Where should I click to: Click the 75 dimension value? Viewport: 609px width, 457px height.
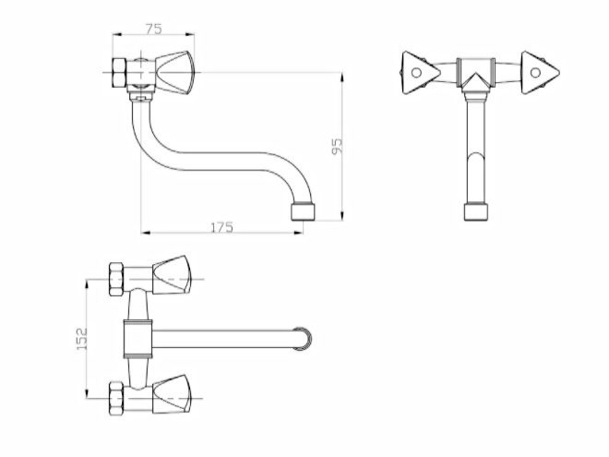pyautogui.click(x=153, y=29)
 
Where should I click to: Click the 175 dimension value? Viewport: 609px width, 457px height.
pyautogui.click(x=221, y=227)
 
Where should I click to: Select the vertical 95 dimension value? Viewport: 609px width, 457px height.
pyautogui.click(x=337, y=146)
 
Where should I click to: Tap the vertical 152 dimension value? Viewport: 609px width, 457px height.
pyautogui.click(x=82, y=339)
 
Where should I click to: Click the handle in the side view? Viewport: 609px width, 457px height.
pyautogui.click(x=174, y=73)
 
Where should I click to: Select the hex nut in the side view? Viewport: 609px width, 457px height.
pyautogui.click(x=119, y=73)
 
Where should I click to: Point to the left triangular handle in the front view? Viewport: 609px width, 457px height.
pyautogui.click(x=420, y=73)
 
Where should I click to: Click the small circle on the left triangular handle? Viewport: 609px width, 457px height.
pyautogui.click(x=416, y=73)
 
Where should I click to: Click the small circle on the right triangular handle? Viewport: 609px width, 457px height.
pyautogui.click(x=535, y=73)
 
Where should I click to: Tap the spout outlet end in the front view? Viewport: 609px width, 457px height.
pyautogui.click(x=476, y=212)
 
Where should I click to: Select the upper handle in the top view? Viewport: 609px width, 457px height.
pyautogui.click(x=172, y=275)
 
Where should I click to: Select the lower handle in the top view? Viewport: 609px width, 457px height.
pyautogui.click(x=172, y=394)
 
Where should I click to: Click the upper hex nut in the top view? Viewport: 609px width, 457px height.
pyautogui.click(x=116, y=279)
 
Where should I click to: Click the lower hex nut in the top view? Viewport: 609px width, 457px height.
pyautogui.click(x=116, y=398)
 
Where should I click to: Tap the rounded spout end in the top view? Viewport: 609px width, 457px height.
pyautogui.click(x=303, y=339)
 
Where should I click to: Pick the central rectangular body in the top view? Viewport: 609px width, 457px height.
pyautogui.click(x=137, y=339)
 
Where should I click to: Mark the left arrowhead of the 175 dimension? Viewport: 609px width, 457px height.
pyautogui.click(x=145, y=233)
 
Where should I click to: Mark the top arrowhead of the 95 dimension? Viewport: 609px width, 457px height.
pyautogui.click(x=341, y=77)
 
